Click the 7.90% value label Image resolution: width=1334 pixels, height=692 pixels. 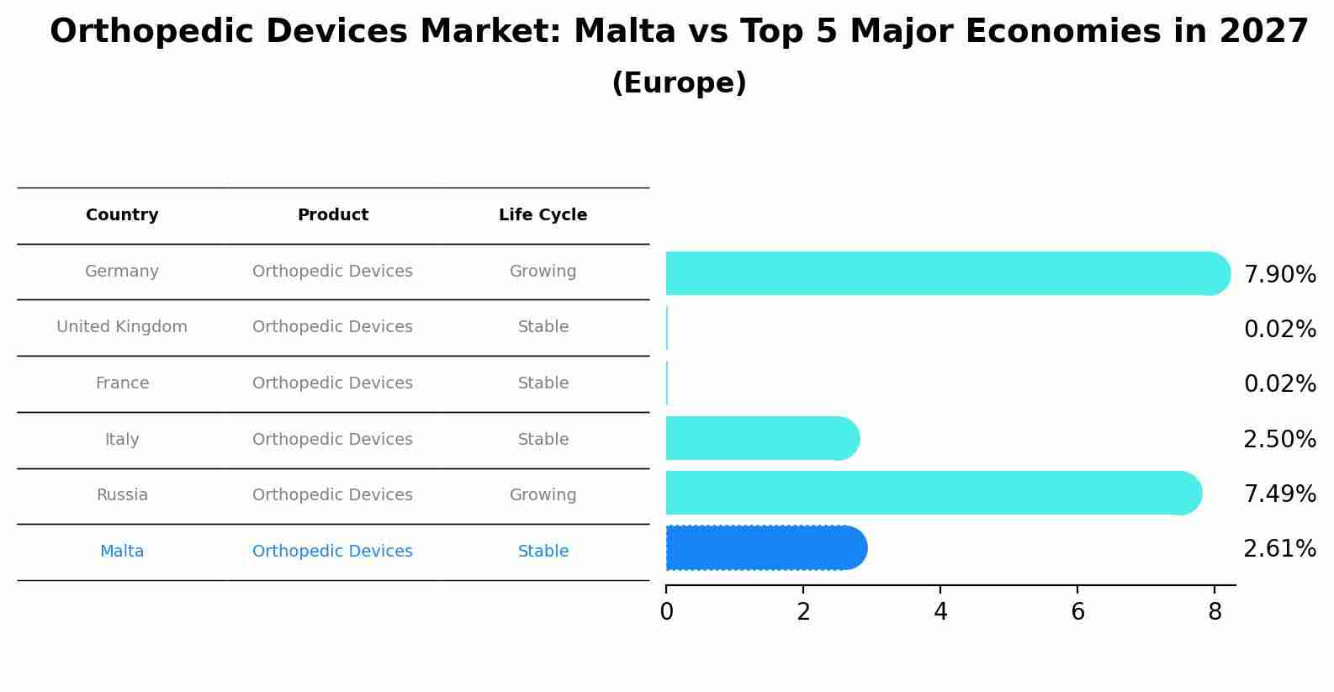[1279, 275]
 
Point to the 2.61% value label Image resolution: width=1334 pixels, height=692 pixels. [1279, 549]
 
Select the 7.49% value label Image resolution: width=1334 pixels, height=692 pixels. [1279, 494]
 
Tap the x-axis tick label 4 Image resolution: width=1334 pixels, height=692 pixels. [940, 612]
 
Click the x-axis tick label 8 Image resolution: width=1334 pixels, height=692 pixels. [1215, 612]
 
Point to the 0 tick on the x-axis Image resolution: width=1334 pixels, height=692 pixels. [666, 612]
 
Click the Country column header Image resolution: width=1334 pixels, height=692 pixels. [122, 215]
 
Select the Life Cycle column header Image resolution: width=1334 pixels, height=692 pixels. [543, 215]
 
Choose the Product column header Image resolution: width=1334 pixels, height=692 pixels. [332, 215]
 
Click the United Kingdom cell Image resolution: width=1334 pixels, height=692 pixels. [122, 327]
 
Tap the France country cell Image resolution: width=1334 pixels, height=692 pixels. [122, 383]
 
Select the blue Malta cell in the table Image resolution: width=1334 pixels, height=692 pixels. [122, 552]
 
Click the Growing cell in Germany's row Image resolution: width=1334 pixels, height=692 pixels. [543, 272]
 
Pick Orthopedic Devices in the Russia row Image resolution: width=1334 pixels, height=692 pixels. [332, 495]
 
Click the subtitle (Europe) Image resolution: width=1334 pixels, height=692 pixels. [679, 83]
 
